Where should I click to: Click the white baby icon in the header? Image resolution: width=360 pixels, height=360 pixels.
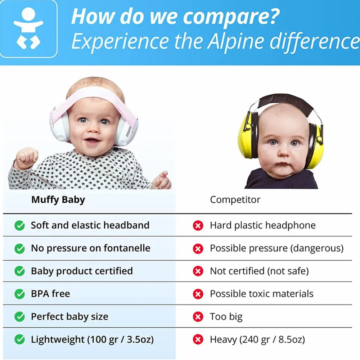point(28,28)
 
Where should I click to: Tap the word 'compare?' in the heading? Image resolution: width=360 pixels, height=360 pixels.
point(231,17)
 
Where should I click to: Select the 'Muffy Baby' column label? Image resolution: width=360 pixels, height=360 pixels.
point(58,200)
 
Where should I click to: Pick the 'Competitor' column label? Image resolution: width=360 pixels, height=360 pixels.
point(235,200)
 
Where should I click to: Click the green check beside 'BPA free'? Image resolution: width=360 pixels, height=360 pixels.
point(19,294)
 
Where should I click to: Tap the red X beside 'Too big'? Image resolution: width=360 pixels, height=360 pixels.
point(198,317)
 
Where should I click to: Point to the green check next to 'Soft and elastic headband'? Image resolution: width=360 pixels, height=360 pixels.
point(19,225)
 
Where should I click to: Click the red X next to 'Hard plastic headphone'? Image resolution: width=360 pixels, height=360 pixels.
point(198,225)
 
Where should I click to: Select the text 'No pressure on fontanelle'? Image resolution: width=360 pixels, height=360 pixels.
point(90,248)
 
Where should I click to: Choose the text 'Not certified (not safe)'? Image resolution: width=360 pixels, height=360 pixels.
point(259,271)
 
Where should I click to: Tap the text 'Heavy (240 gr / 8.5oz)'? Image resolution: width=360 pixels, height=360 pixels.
point(257,339)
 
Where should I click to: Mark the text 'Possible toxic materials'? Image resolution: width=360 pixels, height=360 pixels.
point(261,294)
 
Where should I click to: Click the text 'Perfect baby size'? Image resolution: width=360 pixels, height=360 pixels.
point(69,317)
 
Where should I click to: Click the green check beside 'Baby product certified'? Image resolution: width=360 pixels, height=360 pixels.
point(19,271)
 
